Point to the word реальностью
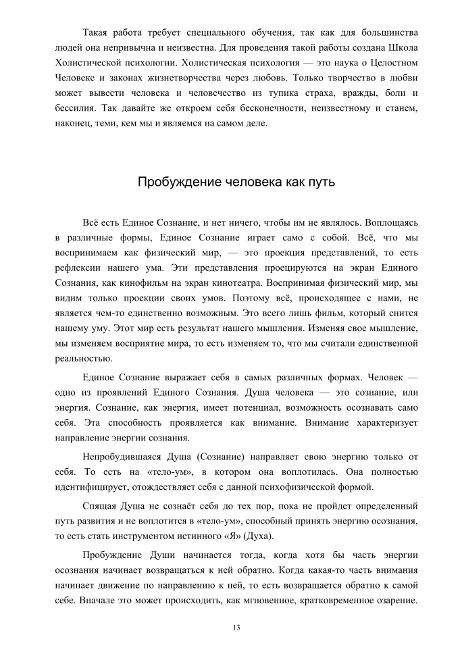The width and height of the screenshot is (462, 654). [x=83, y=358]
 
